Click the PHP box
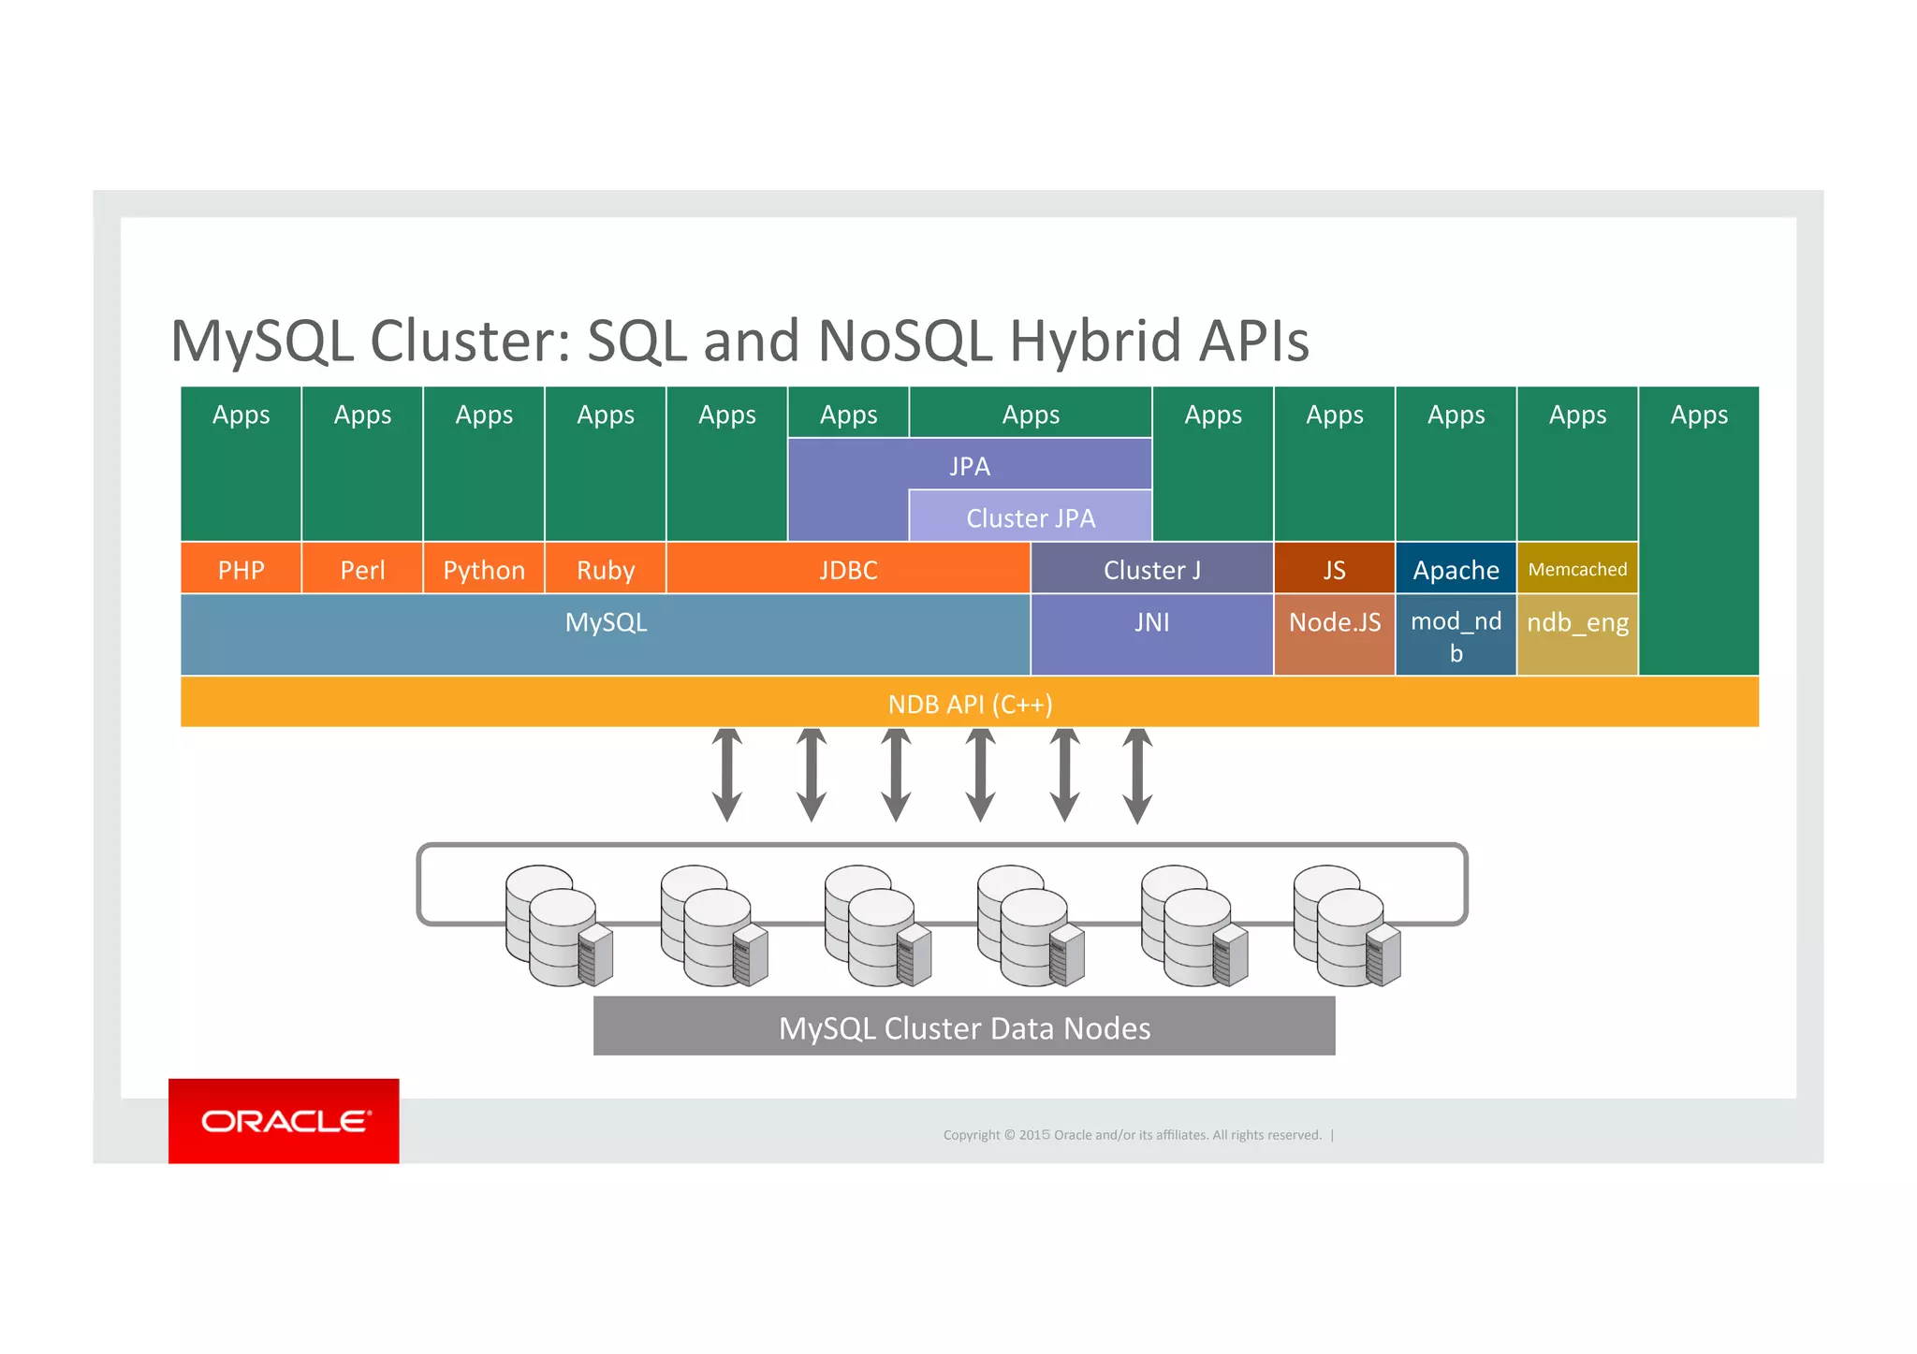click(x=241, y=569)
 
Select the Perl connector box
click(x=362, y=569)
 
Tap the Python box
click(x=484, y=569)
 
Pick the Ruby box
click(x=606, y=569)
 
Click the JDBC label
click(x=848, y=570)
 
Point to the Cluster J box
click(x=1151, y=569)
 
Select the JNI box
click(x=1151, y=633)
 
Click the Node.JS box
click(x=1334, y=633)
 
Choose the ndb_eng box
click(x=1577, y=633)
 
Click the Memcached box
click(x=1577, y=569)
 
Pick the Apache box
click(x=1456, y=569)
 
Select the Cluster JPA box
click(x=1030, y=517)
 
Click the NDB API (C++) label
click(x=970, y=704)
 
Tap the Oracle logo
click(x=284, y=1120)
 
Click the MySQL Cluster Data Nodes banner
click(x=964, y=1027)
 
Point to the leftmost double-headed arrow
click(x=727, y=775)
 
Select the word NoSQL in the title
click(x=904, y=341)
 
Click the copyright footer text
click(x=1132, y=1135)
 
